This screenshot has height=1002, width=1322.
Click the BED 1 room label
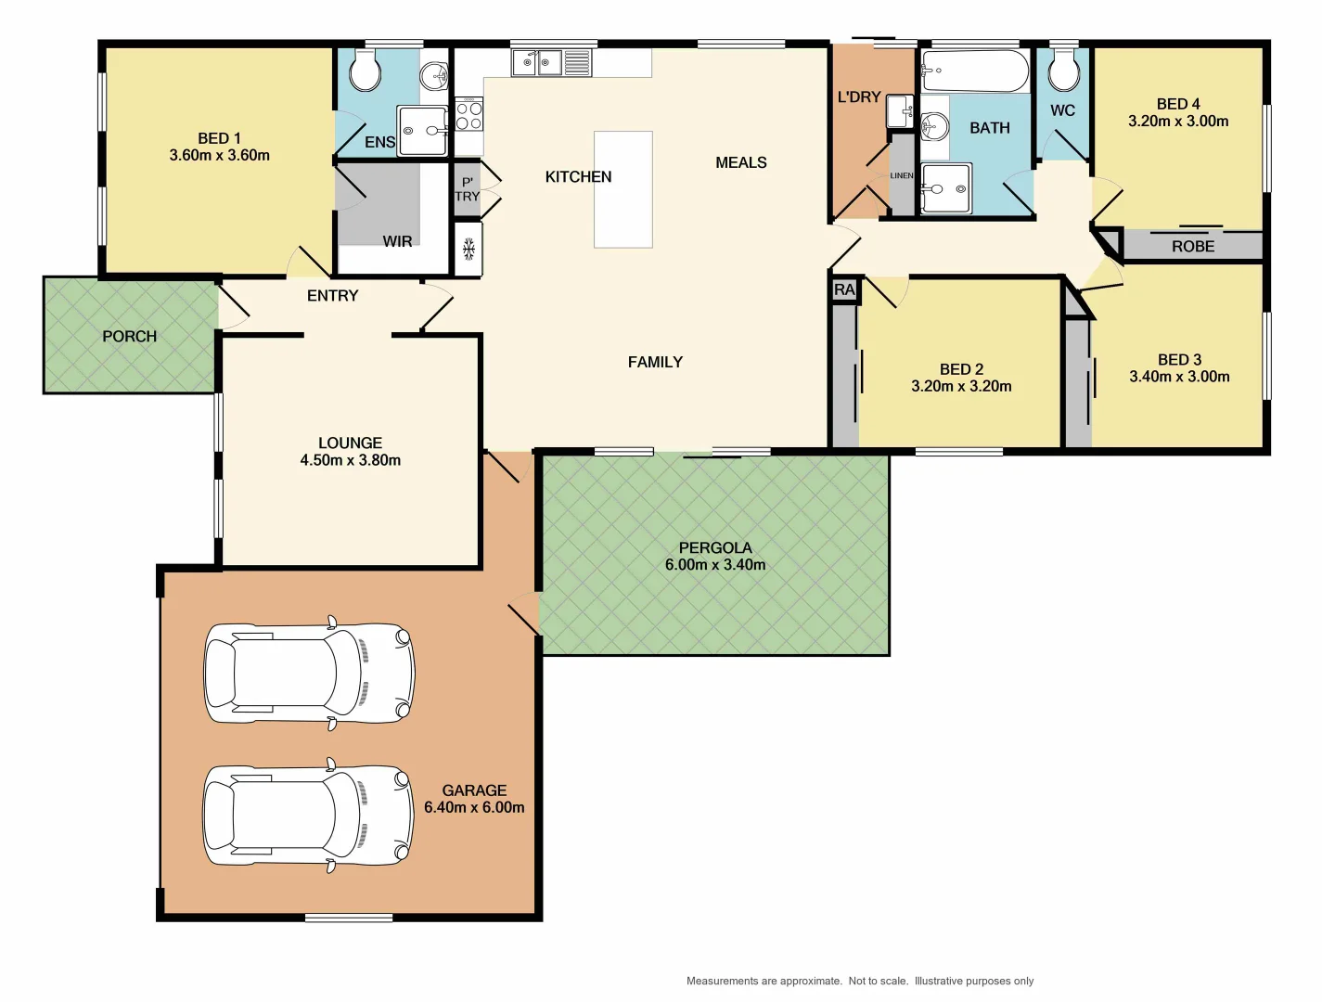pyautogui.click(x=219, y=138)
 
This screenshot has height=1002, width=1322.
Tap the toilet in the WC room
pyautogui.click(x=1063, y=71)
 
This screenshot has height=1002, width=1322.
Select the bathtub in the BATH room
pyautogui.click(x=974, y=71)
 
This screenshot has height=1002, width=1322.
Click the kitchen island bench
pyautogui.click(x=622, y=189)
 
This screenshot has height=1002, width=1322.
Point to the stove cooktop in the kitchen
pyautogui.click(x=468, y=115)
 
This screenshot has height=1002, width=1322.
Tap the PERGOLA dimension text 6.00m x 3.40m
pyautogui.click(x=714, y=565)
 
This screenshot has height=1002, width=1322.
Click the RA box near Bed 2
pyautogui.click(x=844, y=290)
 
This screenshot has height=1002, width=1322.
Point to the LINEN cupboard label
pyautogui.click(x=902, y=175)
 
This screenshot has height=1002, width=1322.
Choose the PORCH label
pyautogui.click(x=129, y=336)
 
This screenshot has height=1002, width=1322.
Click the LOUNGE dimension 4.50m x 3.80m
pyautogui.click(x=350, y=460)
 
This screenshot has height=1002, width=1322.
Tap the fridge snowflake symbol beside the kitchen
pyautogui.click(x=468, y=249)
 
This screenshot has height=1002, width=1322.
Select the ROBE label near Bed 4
pyautogui.click(x=1192, y=246)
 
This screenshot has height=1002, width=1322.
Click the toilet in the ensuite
pyautogui.click(x=366, y=71)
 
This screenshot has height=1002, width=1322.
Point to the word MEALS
pyautogui.click(x=740, y=162)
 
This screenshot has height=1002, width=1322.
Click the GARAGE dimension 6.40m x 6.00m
pyautogui.click(x=474, y=807)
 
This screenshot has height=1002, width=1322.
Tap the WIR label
pyautogui.click(x=397, y=241)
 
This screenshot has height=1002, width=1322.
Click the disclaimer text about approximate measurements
pyautogui.click(x=859, y=981)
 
